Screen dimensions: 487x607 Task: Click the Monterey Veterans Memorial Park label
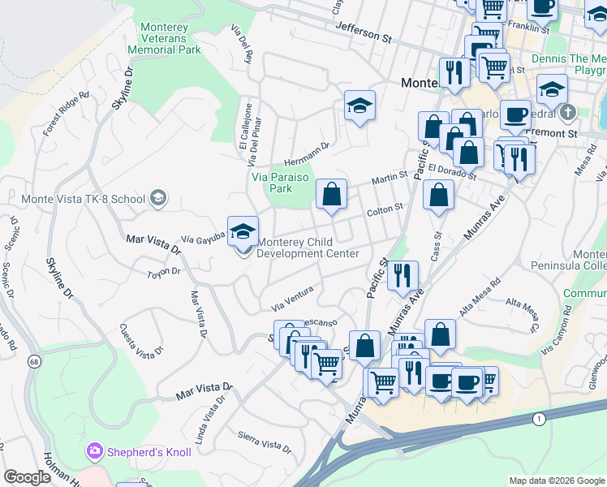pos(170,38)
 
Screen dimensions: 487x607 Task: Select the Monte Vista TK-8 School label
pos(76,199)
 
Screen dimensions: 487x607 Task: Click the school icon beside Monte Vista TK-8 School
pos(157,198)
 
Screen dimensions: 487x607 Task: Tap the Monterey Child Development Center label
pos(308,248)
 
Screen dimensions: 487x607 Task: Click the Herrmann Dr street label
pos(306,152)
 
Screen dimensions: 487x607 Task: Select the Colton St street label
pos(385,209)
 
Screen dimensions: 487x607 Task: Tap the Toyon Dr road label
pos(162,273)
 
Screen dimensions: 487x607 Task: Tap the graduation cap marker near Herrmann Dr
pos(359,106)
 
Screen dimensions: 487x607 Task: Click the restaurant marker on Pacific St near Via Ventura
pos(402,276)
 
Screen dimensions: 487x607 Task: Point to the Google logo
pos(28,477)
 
